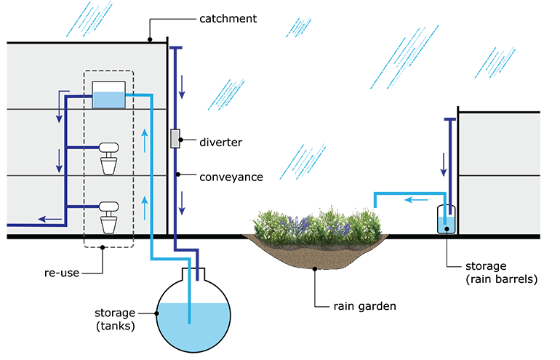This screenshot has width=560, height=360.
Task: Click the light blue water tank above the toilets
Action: pos(109,96)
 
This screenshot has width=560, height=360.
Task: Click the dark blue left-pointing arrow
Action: pos(49,217)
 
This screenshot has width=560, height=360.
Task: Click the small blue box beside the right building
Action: pos(447,222)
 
